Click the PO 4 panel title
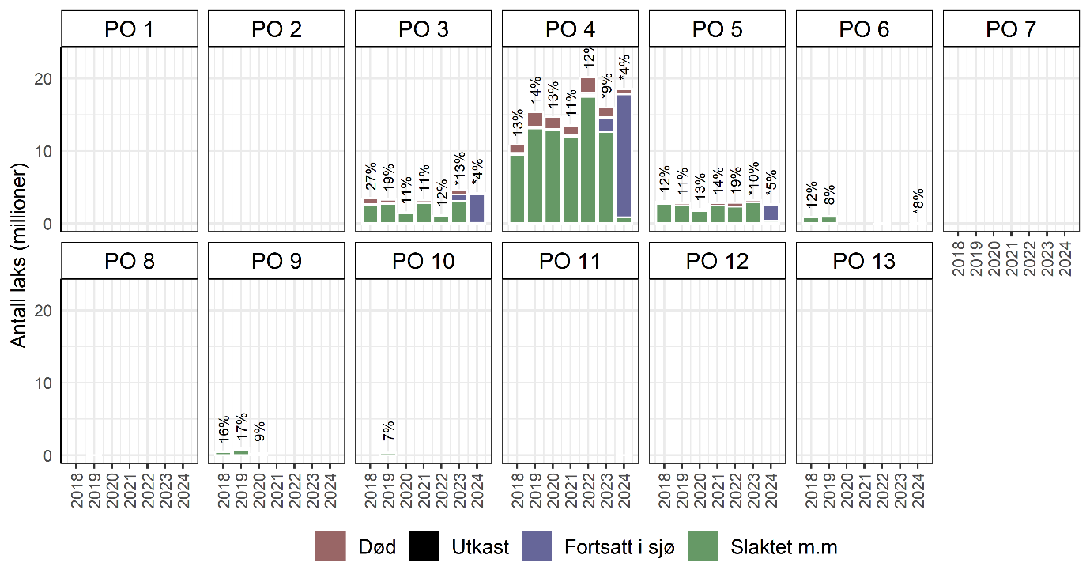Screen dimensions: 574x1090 pos(571,29)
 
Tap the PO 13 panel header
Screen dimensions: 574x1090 pos(865,261)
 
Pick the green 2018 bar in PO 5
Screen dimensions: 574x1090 pos(663,213)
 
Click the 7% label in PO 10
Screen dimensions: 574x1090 pos(388,432)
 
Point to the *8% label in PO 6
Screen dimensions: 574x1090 pos(918,200)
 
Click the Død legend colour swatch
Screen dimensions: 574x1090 pos(331,546)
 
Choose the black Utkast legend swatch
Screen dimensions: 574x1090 pos(425,546)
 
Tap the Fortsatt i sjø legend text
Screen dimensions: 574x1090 pos(619,547)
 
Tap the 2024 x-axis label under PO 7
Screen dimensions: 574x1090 pos(1065,255)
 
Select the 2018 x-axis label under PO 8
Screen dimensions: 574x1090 pos(77,485)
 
